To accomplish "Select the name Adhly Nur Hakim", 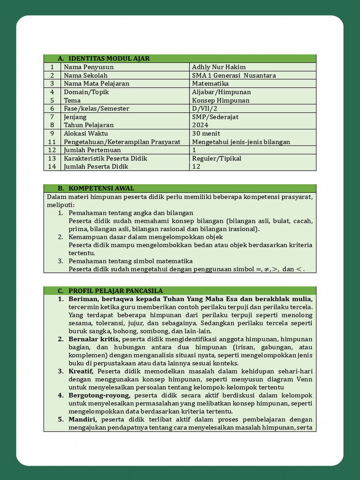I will click(x=219, y=67).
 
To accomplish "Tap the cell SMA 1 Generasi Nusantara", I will click(x=234, y=75).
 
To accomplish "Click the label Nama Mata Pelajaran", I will click(x=97, y=83).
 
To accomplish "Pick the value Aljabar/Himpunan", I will click(x=221, y=92).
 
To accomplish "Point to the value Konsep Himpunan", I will click(x=221, y=100).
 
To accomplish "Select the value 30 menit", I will click(x=206, y=134).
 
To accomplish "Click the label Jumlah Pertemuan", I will click(x=92, y=150).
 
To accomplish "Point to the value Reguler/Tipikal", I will click(x=217, y=158).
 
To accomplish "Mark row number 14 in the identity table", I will click(x=52, y=166).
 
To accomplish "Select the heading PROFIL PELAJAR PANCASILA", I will click(x=116, y=291).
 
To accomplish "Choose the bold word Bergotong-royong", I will click(x=99, y=395).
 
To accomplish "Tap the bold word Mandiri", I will click(x=82, y=420).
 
